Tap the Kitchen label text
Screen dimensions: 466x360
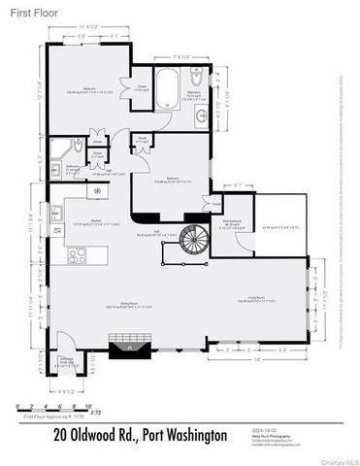pos(97,222)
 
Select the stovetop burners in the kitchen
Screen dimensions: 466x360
pos(75,256)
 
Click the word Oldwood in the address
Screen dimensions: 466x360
pos(95,434)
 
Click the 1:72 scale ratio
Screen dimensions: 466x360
pos(96,413)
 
